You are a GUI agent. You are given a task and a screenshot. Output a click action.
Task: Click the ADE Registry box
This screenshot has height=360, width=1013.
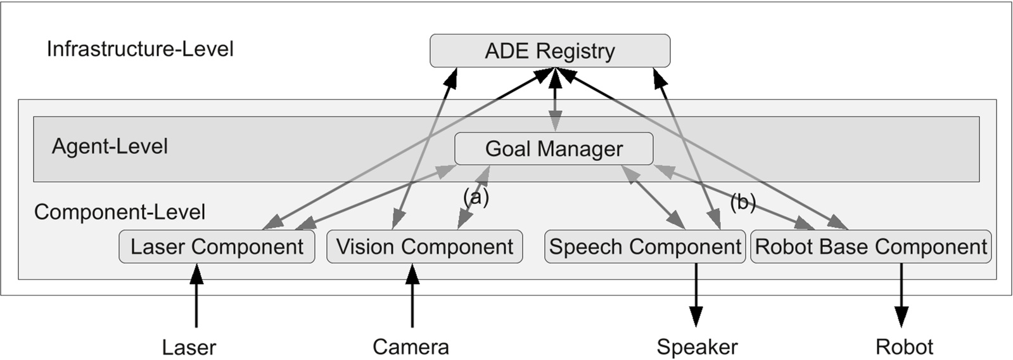tap(549, 51)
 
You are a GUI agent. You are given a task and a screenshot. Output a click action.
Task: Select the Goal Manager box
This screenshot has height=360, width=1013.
tap(554, 149)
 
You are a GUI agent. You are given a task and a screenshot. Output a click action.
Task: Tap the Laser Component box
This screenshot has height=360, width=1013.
tap(217, 247)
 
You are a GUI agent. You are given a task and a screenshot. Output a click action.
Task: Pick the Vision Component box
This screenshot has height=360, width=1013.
tap(424, 247)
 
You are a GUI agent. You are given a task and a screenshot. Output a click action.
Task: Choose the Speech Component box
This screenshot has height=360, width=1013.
tap(644, 247)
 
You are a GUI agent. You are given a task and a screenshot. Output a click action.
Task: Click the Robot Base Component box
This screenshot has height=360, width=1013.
tap(870, 247)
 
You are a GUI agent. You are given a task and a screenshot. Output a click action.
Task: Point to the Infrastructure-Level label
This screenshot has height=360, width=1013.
tap(140, 49)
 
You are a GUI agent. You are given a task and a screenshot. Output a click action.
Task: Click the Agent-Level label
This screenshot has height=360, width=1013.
tap(110, 146)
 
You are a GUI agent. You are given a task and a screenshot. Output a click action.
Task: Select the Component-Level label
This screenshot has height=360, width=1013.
tap(120, 212)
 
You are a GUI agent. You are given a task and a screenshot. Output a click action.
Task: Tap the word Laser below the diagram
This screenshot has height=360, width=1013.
tap(189, 347)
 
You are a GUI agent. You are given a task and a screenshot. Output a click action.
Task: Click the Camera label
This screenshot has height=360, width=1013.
tap(411, 347)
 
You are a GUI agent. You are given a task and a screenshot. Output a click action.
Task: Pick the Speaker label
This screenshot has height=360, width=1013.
tap(697, 347)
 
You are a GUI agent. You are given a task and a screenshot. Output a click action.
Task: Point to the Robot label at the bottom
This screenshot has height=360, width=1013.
tap(904, 347)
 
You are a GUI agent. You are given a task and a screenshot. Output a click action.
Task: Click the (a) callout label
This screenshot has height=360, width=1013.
tap(476, 197)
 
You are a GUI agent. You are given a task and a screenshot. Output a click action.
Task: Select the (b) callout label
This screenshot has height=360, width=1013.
tap(742, 202)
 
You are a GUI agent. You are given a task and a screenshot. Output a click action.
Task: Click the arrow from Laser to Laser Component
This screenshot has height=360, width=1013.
tap(196, 296)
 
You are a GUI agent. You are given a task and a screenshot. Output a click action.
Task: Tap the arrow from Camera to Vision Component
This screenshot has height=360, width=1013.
tap(412, 296)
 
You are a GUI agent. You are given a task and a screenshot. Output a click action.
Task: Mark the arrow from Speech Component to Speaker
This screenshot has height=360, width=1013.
tap(696, 295)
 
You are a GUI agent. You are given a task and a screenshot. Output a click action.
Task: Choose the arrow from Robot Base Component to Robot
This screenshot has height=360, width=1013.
tap(901, 295)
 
